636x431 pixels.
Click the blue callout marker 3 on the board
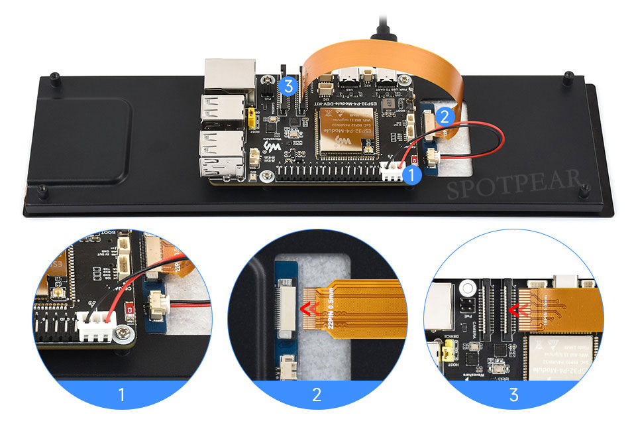287,86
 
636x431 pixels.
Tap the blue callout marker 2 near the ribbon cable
445,117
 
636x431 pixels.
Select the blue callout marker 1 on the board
411,175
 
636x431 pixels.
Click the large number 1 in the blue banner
121,396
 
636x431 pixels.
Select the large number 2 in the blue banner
317,396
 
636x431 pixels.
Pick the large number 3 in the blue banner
514,396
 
